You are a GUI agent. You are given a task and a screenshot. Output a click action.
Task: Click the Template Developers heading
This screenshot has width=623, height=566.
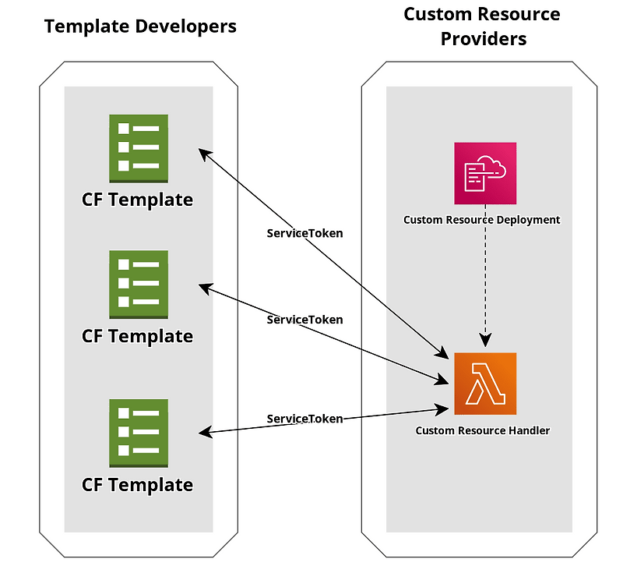(x=140, y=27)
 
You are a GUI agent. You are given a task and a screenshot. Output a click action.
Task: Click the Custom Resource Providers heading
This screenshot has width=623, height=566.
(x=481, y=27)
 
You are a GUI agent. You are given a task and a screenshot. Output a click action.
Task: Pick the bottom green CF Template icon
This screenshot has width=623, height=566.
(x=139, y=432)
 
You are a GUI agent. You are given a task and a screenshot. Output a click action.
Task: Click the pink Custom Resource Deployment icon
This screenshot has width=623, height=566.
(x=485, y=173)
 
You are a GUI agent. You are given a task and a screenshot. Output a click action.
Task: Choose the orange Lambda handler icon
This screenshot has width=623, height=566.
(x=485, y=384)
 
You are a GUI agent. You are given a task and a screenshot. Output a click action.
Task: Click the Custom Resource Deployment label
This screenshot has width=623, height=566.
(x=481, y=220)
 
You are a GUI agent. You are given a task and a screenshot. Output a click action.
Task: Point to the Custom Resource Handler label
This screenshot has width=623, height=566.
(x=482, y=430)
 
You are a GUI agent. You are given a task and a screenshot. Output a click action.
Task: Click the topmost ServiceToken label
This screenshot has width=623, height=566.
(x=304, y=233)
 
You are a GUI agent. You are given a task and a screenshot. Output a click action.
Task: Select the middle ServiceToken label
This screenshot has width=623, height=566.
(x=304, y=320)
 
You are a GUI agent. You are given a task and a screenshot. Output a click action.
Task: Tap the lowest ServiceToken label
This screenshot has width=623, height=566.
(x=304, y=419)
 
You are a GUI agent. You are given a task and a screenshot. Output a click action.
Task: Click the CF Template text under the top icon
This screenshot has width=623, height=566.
(x=137, y=200)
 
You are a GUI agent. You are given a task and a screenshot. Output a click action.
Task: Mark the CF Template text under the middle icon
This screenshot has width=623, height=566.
(x=137, y=336)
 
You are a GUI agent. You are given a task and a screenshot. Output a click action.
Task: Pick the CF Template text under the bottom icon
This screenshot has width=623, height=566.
(x=137, y=485)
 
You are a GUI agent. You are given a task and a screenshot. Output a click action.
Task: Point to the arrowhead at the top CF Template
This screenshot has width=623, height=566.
(x=204, y=154)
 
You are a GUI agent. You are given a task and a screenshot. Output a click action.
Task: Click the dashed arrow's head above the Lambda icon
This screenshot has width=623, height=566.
(x=486, y=340)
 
